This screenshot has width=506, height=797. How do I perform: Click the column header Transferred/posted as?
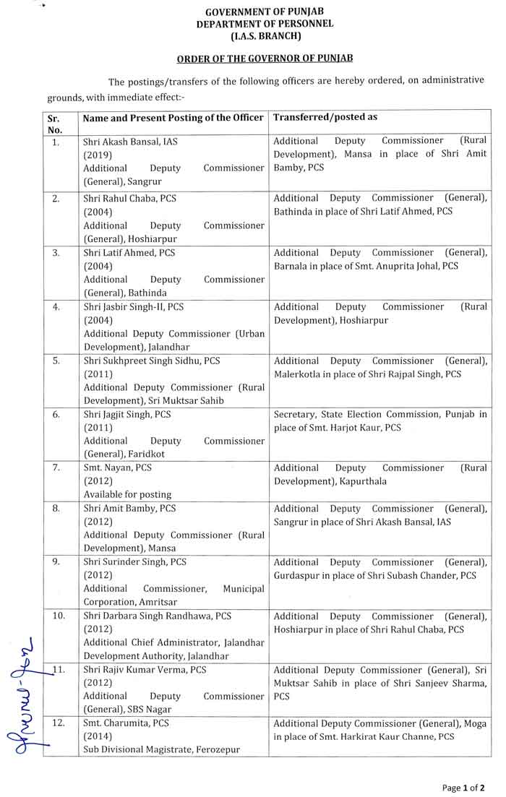click(x=325, y=116)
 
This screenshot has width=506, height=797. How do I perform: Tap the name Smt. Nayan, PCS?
click(x=117, y=468)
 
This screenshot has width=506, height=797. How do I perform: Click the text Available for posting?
click(x=127, y=494)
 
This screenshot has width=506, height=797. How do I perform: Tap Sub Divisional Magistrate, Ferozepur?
click(x=161, y=749)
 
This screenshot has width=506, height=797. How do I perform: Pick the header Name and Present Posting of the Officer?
click(x=173, y=117)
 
